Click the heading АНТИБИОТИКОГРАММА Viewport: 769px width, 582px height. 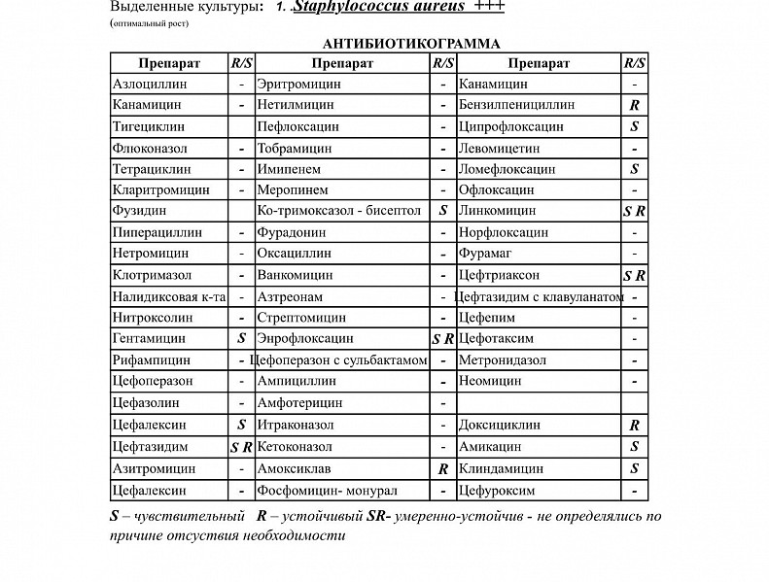pyautogui.click(x=411, y=44)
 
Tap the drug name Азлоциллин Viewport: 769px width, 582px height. pyautogui.click(x=150, y=85)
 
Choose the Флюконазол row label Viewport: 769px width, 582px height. pyautogui.click(x=151, y=149)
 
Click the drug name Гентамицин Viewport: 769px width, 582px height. pyautogui.click(x=150, y=339)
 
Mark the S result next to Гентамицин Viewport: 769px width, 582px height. pyautogui.click(x=241, y=339)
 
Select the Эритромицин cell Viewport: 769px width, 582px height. pyautogui.click(x=298, y=85)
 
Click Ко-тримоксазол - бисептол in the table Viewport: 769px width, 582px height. pyautogui.click(x=338, y=210)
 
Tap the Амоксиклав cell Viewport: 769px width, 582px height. pyautogui.click(x=293, y=468)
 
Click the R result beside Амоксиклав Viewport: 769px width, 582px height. pyautogui.click(x=442, y=468)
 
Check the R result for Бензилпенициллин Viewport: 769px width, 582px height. pyautogui.click(x=634, y=105)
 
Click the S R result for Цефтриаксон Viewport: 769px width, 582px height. pyautogui.click(x=634, y=276)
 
